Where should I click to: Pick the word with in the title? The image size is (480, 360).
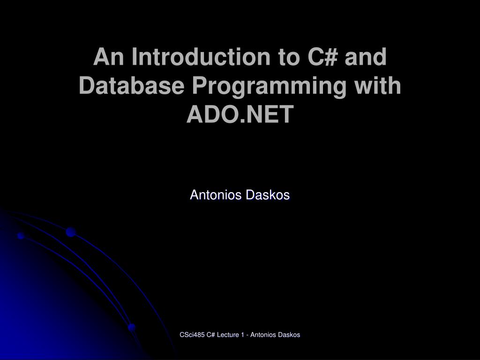coord(379,86)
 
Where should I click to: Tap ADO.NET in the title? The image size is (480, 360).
coord(240,114)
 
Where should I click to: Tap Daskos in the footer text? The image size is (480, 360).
coord(288,335)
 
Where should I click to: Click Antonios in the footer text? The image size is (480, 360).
coord(263,335)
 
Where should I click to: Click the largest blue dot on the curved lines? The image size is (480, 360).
coord(71,232)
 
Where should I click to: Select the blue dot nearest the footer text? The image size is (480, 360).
coord(132,327)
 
